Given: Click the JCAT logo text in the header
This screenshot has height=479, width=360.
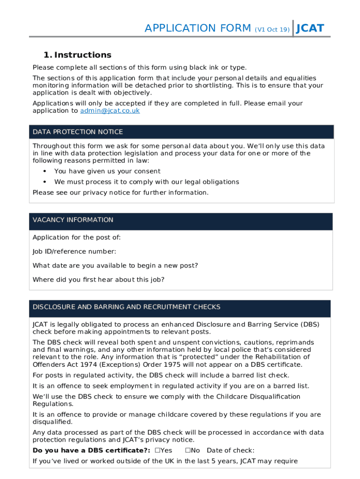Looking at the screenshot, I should tap(310, 28).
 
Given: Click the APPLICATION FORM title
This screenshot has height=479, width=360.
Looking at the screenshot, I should tap(198, 28).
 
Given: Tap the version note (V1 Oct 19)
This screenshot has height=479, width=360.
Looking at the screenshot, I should tap(272, 29).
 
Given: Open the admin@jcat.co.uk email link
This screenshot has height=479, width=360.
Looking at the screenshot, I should tap(110, 111).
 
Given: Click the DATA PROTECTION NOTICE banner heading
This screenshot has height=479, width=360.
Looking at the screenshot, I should tap(78, 132).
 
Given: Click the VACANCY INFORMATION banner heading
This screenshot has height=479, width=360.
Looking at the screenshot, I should tap(73, 220).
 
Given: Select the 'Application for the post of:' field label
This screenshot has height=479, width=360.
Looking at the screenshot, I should tap(77, 238).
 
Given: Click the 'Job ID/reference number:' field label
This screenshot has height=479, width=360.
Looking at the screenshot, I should tap(74, 252).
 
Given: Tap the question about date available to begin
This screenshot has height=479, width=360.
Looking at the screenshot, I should tap(115, 266).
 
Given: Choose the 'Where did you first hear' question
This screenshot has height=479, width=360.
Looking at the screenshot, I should tap(98, 280).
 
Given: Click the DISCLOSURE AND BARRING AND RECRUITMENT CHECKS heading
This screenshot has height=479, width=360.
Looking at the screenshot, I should tap(126, 307).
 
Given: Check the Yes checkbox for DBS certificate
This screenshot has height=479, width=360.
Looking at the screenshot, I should tap(158, 450).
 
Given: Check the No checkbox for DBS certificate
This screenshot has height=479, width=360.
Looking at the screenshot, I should tap(187, 450).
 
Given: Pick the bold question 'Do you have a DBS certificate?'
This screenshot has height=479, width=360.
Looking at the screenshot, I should tap(91, 450).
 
